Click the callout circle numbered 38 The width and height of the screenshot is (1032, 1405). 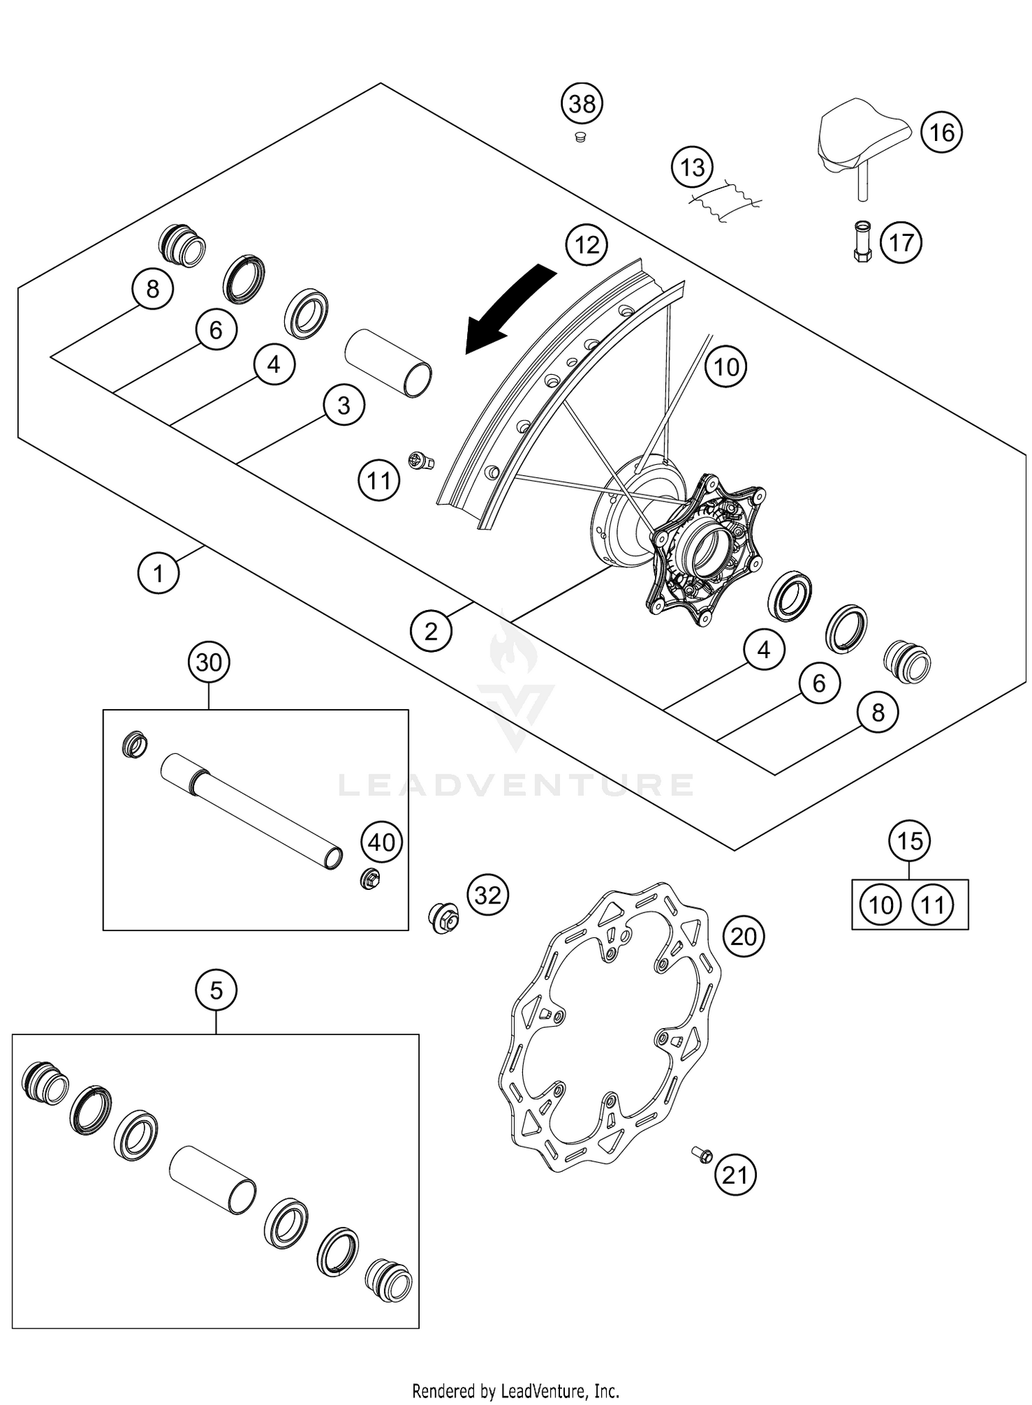point(582,104)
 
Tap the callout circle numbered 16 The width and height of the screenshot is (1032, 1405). point(941,131)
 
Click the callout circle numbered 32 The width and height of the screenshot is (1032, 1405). point(488,895)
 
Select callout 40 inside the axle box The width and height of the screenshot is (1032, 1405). point(382,842)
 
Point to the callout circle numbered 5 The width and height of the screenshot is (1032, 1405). point(216,991)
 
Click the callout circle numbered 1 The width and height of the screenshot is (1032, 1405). point(158,572)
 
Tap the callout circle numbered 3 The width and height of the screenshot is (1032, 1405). point(343,406)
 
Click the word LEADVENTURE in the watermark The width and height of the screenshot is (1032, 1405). point(516,785)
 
